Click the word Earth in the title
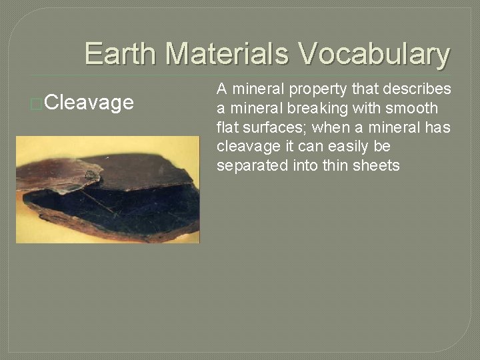click(x=121, y=54)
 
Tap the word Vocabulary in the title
click(x=374, y=54)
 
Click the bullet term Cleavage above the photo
click(x=91, y=103)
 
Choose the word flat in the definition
click(x=227, y=127)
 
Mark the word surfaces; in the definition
click(x=275, y=127)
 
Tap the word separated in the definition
click(x=252, y=165)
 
